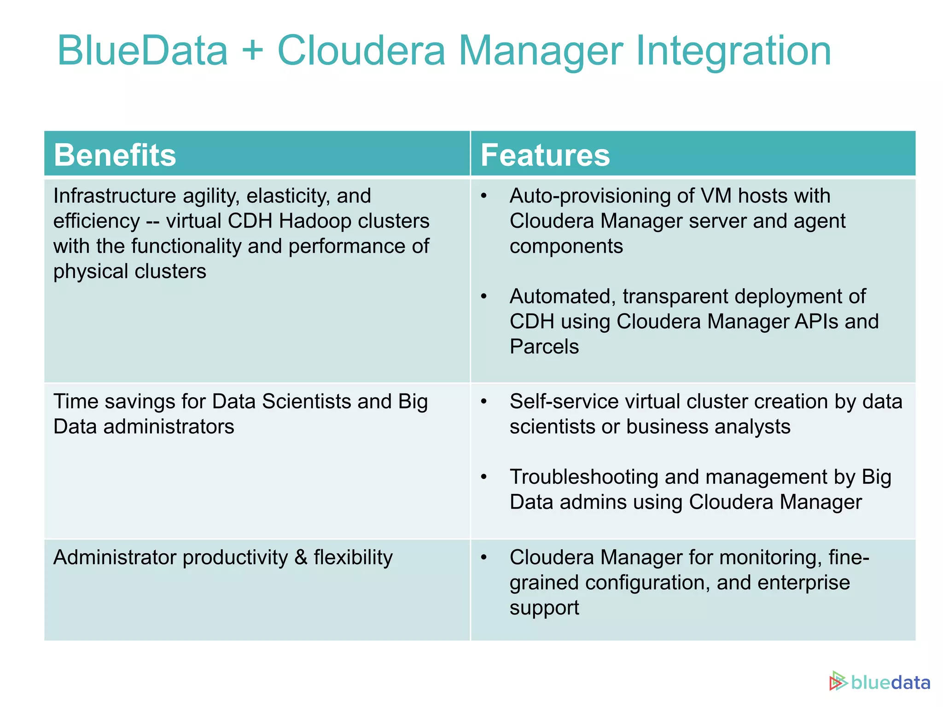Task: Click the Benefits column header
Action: (115, 155)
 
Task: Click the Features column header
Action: (545, 155)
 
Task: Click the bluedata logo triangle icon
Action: (838, 682)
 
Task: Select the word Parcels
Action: (544, 347)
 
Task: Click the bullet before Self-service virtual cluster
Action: (483, 402)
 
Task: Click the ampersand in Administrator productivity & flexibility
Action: (301, 557)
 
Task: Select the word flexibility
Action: (353, 557)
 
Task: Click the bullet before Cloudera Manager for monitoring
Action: (483, 558)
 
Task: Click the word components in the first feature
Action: (566, 247)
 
